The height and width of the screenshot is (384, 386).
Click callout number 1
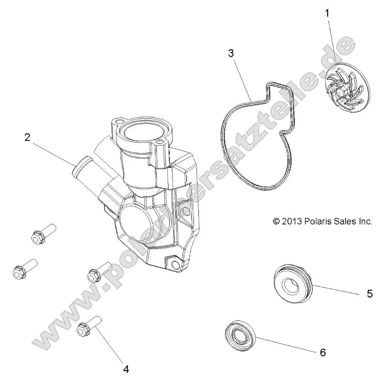(x=327, y=13)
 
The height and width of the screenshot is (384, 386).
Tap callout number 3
(x=231, y=53)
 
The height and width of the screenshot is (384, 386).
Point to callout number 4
(x=126, y=369)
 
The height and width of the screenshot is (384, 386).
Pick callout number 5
(x=369, y=294)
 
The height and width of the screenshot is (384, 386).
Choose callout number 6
(x=322, y=352)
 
